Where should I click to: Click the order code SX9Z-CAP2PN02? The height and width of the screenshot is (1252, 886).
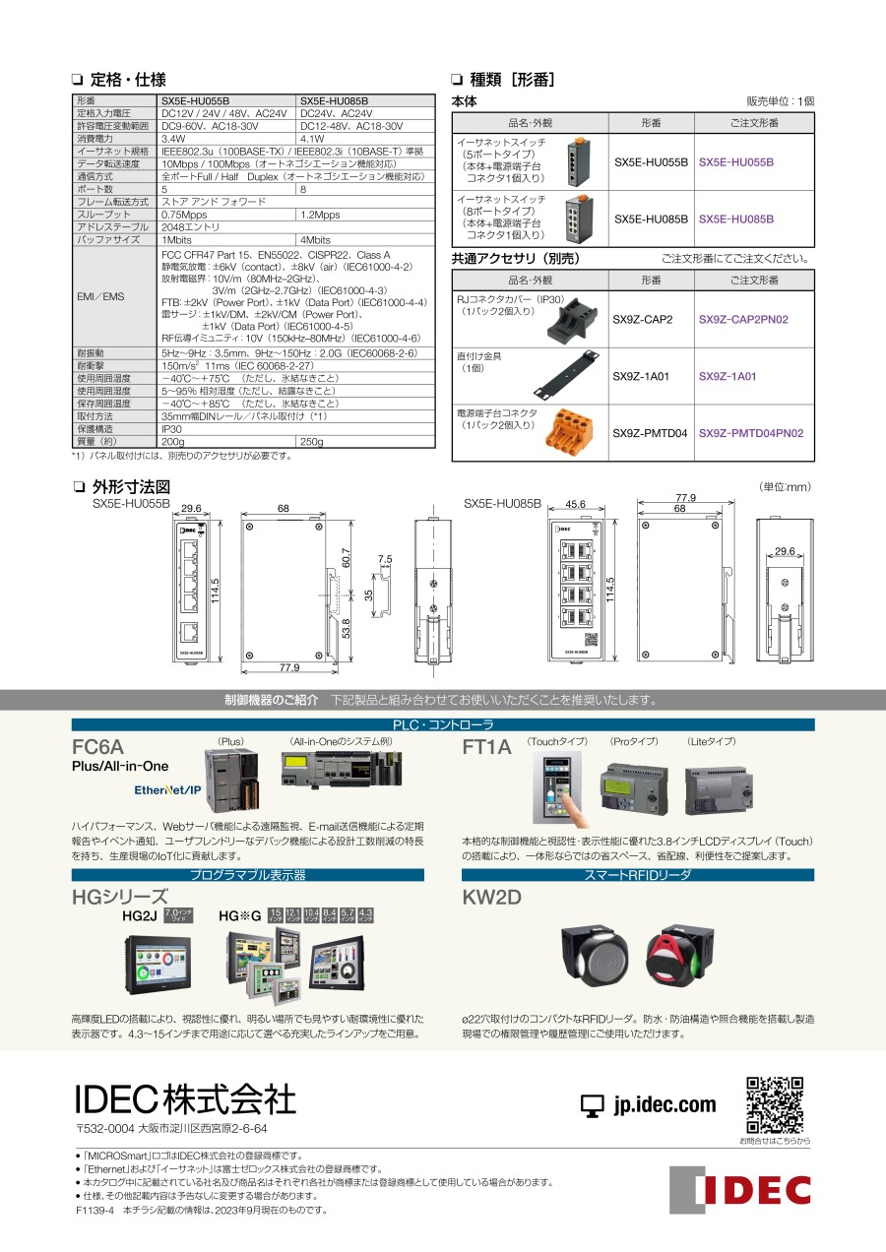click(743, 320)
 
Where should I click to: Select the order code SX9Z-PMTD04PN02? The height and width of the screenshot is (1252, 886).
click(750, 433)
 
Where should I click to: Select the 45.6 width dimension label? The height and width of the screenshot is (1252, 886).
click(576, 504)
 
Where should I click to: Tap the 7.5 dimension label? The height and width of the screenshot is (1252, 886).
click(385, 559)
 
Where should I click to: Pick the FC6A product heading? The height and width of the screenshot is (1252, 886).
click(98, 746)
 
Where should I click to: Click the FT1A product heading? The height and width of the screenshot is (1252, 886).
click(487, 747)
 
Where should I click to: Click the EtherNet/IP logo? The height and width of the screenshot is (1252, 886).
click(167, 789)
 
